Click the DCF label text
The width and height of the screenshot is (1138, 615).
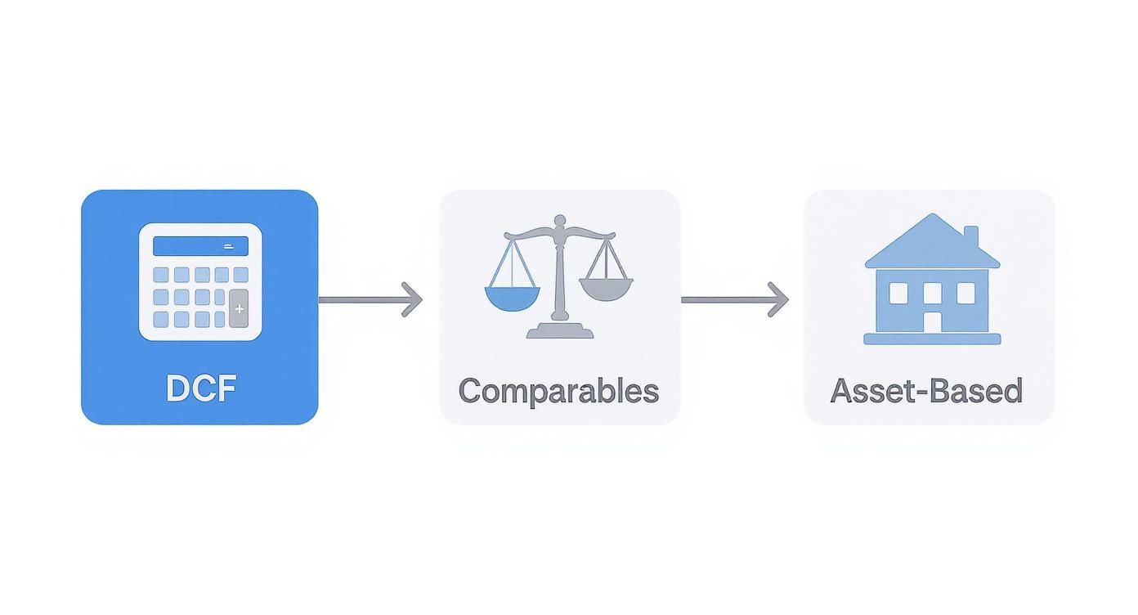pos(200,388)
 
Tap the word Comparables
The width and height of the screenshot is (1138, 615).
pos(558,391)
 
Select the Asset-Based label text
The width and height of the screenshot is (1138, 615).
pos(926,391)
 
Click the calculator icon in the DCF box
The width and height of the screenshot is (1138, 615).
pos(200,281)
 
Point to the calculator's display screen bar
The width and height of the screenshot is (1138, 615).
pos(200,245)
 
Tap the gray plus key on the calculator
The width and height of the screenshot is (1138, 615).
pos(239,309)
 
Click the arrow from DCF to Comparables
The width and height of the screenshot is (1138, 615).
pos(370,299)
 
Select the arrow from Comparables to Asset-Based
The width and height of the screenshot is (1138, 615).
pos(733,299)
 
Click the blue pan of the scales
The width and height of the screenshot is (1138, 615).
pos(513,298)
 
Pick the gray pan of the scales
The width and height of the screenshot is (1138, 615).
pos(606,288)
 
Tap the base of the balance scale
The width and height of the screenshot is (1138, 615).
pos(560,330)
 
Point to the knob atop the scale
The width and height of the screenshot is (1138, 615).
pos(560,220)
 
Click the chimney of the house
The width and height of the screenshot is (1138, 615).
pos(970,236)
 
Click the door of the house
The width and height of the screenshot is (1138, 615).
pos(932,321)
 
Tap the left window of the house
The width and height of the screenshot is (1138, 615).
pos(898,293)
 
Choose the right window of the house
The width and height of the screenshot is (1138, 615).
pos(966,293)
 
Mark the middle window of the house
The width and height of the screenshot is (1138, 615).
pos(932,292)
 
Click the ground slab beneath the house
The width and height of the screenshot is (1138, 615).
pos(932,339)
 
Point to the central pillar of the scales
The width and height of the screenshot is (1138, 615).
pos(560,274)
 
